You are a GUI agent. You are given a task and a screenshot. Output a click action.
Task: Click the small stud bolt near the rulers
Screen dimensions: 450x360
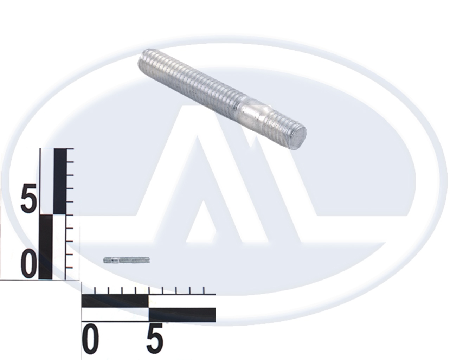point(127,260)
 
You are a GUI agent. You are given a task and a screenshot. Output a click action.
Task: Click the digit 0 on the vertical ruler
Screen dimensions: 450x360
point(29,264)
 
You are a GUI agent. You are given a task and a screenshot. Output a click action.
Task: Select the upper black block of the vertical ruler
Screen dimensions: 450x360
point(60,181)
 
